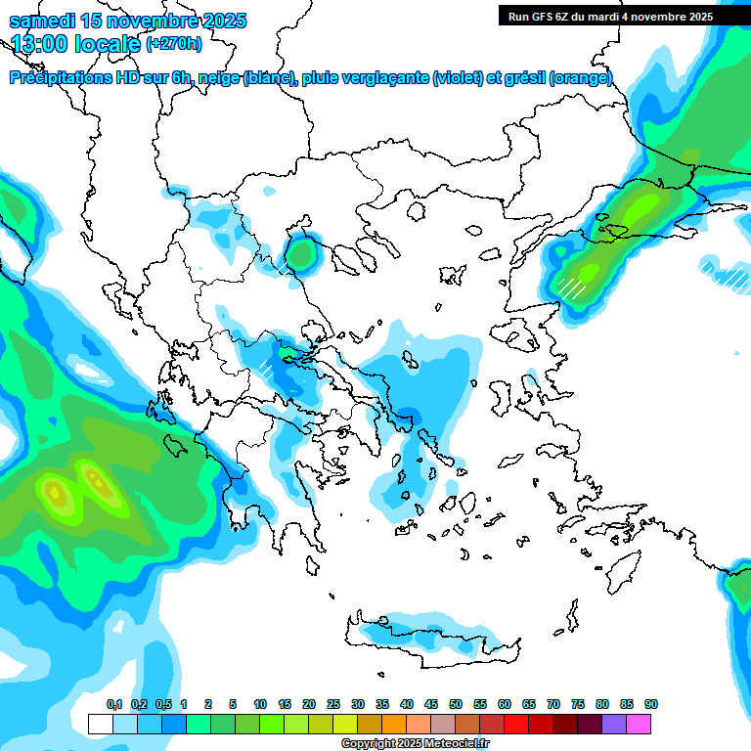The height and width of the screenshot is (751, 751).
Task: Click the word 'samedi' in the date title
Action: click(42, 21)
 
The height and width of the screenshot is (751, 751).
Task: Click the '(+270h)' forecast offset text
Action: click(174, 43)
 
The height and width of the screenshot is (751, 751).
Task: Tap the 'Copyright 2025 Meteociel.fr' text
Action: click(415, 744)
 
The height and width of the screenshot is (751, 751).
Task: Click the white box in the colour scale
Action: click(100, 725)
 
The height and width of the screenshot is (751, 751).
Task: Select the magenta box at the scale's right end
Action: click(639, 725)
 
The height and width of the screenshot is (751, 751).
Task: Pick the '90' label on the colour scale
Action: click(651, 705)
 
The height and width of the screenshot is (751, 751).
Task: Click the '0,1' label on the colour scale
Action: click(113, 705)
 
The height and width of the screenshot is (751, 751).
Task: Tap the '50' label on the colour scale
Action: click(456, 705)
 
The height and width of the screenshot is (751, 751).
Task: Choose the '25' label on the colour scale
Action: click(333, 705)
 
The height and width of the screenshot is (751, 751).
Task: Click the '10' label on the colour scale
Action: click(260, 705)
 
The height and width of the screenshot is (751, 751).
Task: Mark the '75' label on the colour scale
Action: click(578, 705)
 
